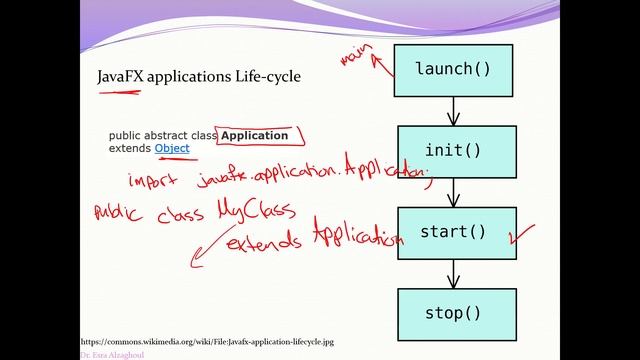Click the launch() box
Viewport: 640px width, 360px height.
pyautogui.click(x=454, y=69)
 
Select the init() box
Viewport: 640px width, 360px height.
pyautogui.click(x=454, y=151)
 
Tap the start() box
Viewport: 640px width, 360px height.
pyautogui.click(x=454, y=233)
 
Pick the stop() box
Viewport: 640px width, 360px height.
pyautogui.click(x=454, y=314)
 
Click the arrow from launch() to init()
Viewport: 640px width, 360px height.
pyautogui.click(x=454, y=110)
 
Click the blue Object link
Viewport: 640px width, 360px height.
pyautogui.click(x=172, y=148)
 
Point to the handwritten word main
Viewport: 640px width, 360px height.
pyautogui.click(x=352, y=56)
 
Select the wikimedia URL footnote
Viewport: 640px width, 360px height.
pyautogui.click(x=207, y=341)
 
